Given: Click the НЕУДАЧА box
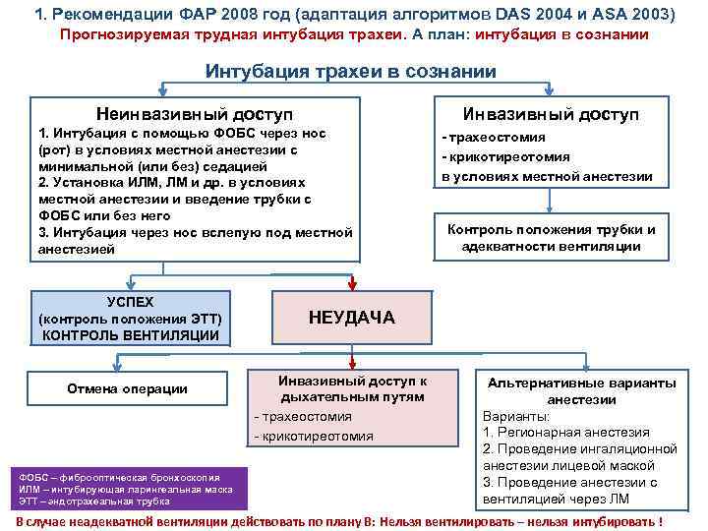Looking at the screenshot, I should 351,317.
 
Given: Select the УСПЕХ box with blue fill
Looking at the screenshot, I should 130,319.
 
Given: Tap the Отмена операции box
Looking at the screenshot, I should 127,388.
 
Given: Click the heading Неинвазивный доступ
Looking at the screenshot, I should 194,115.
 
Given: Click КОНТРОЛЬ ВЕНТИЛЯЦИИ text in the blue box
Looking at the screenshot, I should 130,335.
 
